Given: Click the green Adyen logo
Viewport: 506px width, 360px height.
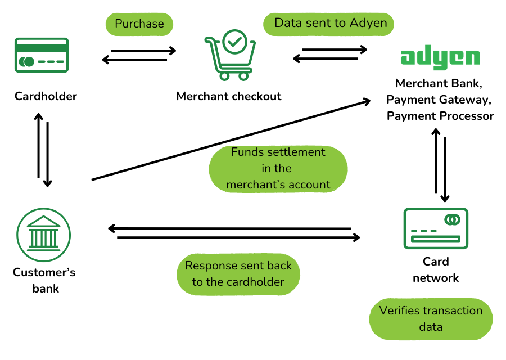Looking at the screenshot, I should (440, 57).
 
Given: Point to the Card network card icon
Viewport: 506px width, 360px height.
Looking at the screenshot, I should (436, 228).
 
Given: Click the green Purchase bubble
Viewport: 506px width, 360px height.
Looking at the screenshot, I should (139, 24).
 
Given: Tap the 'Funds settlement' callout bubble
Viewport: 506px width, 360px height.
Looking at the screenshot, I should (278, 168).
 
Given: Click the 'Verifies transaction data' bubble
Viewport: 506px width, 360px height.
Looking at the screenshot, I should (431, 318).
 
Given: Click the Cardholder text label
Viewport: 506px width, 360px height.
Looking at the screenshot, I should (46, 96).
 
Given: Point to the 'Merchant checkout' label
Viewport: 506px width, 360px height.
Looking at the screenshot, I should (229, 96).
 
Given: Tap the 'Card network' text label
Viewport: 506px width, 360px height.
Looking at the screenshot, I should (436, 269).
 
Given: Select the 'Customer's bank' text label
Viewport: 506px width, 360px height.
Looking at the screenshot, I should (44, 280).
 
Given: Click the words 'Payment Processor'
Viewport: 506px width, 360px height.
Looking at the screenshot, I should (440, 116).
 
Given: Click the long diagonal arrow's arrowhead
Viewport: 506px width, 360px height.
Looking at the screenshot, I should (367, 101).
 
